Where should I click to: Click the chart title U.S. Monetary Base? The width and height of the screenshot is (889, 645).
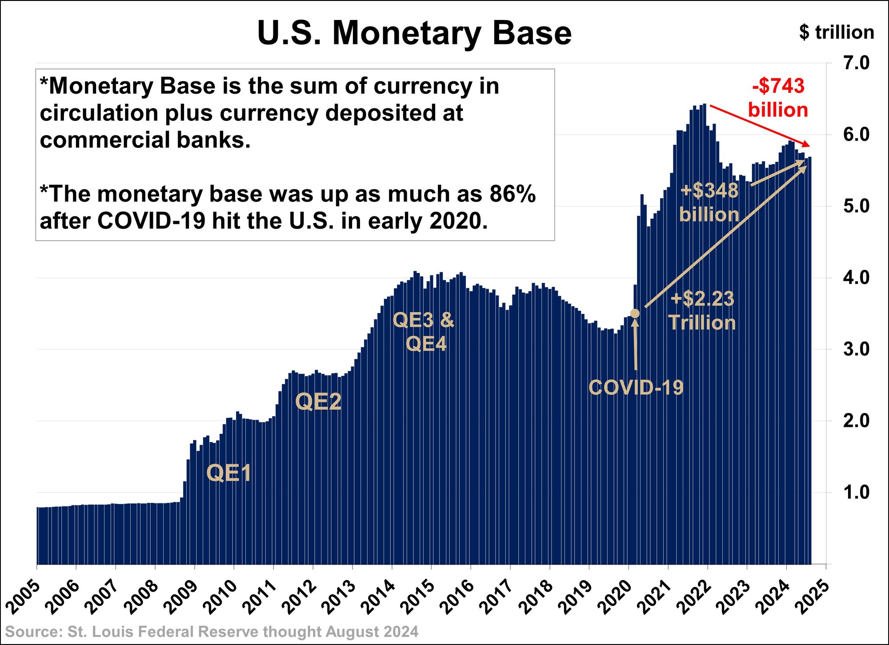(x=414, y=33)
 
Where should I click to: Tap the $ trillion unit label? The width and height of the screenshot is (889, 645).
(x=836, y=32)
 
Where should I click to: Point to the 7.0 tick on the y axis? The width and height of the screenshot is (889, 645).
(x=856, y=63)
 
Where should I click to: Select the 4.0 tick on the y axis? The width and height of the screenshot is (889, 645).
(x=856, y=278)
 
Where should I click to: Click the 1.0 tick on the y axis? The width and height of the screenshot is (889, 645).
(x=856, y=492)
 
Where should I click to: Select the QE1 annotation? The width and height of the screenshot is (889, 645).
(x=228, y=473)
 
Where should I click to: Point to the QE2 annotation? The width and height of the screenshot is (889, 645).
(x=318, y=402)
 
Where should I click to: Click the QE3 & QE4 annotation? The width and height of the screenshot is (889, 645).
(x=424, y=331)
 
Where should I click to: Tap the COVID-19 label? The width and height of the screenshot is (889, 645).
(x=636, y=387)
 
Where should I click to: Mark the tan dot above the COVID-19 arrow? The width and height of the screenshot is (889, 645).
(x=635, y=314)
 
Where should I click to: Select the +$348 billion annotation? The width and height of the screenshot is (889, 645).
(x=709, y=203)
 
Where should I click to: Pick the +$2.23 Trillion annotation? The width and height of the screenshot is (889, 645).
(x=702, y=311)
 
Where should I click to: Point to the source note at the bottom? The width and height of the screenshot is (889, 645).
(x=212, y=632)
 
